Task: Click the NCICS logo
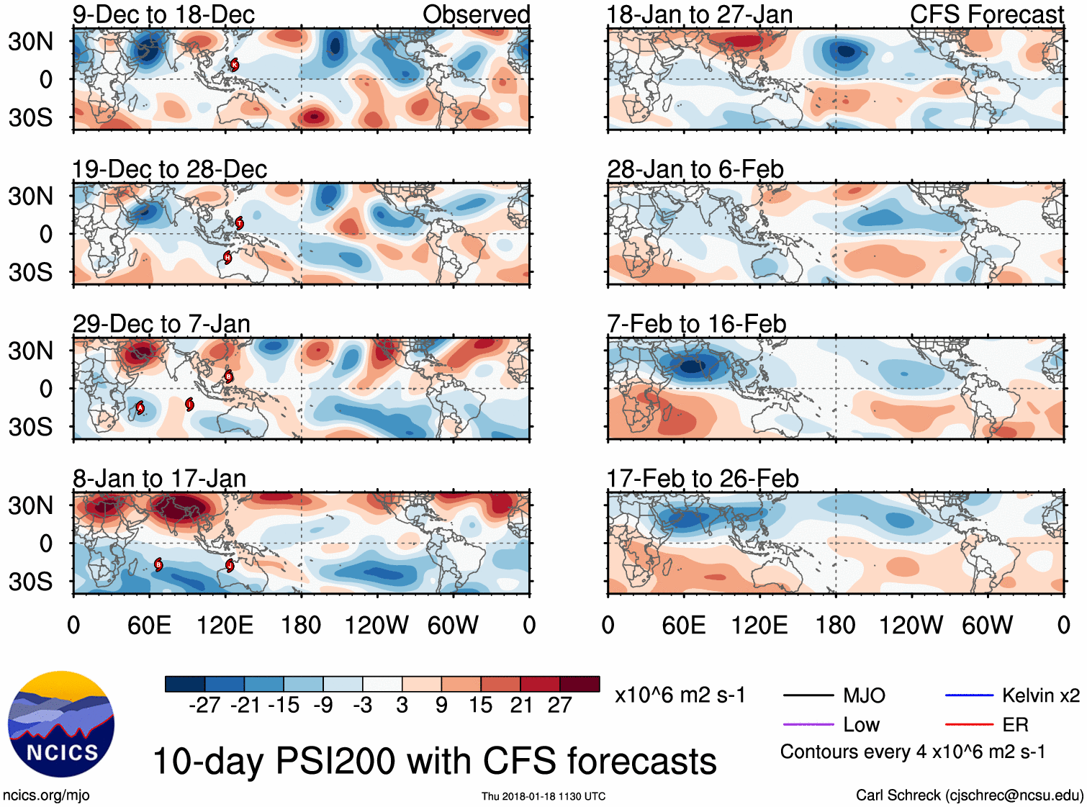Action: pos(61,723)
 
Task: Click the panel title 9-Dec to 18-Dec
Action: pos(163,14)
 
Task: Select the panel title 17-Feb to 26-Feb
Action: pos(703,479)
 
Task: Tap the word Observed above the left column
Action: pos(476,14)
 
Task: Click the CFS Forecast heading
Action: pos(986,14)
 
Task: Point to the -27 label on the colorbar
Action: pos(204,705)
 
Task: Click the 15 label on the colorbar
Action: pos(480,705)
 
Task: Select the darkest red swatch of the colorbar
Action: pos(579,684)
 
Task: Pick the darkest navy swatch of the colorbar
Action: pos(185,684)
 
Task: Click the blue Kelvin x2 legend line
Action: pos(969,695)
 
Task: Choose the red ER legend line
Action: pos(969,724)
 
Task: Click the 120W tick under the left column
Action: pos(376,625)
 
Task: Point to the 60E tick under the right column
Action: pos(684,625)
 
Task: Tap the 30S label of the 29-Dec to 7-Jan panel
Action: pos(31,427)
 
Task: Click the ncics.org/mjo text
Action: pos(46,795)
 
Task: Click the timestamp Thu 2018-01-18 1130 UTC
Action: pos(543,796)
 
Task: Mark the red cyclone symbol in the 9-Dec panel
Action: pos(234,65)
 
